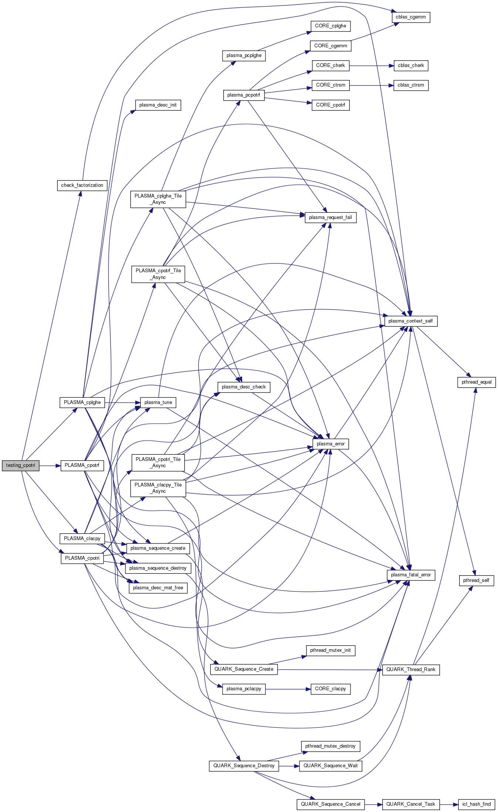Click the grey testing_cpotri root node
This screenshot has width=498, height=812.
(20, 465)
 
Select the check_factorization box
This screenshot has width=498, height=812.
(82, 185)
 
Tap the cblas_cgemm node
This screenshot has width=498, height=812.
(411, 17)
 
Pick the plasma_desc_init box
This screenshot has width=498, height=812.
(158, 105)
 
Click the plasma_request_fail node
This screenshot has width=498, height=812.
(331, 218)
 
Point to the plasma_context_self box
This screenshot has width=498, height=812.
(411, 321)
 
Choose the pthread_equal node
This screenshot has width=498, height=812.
(477, 382)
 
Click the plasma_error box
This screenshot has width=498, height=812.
(331, 444)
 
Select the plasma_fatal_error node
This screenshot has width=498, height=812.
(411, 575)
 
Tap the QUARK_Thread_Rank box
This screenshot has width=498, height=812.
(411, 670)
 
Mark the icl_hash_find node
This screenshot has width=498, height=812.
(477, 804)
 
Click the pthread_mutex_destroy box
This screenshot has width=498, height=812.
(331, 746)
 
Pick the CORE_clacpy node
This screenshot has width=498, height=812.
(331, 689)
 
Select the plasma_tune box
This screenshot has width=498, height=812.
(158, 402)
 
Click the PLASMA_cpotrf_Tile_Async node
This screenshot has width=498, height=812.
(158, 274)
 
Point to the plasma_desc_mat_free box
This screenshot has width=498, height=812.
(158, 588)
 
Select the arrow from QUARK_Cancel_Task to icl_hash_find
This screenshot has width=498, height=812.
(449, 804)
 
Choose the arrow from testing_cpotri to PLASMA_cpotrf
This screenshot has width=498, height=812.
(50, 465)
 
